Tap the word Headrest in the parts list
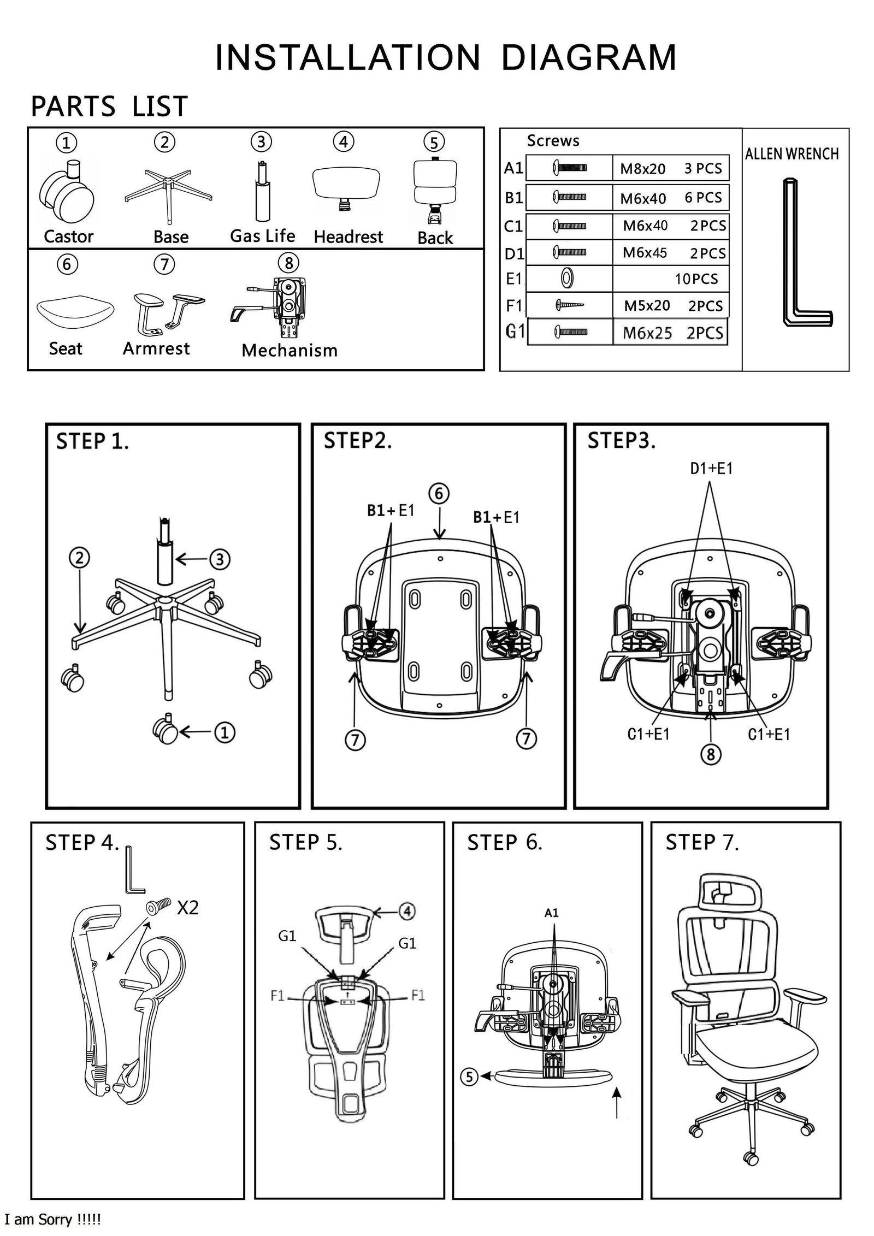coord(348,237)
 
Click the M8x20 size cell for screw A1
coord(642,169)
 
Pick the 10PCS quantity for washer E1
coord(696,279)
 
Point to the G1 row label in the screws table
coord(515,332)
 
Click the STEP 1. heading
coord(93,441)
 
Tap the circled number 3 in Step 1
coord(220,559)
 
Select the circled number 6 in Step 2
coord(439,494)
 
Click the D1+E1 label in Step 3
coord(711,468)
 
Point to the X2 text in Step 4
coord(187,908)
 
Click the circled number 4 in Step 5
coord(406,911)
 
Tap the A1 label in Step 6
coord(552,913)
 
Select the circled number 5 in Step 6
coord(470,1077)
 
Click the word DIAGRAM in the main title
coord(588,57)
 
